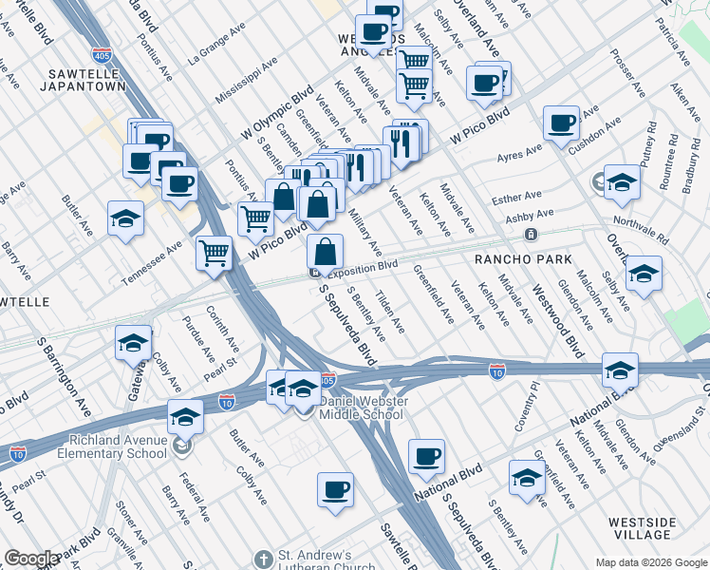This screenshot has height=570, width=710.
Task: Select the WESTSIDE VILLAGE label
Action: (x=642, y=529)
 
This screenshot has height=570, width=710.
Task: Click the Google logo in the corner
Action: (x=31, y=559)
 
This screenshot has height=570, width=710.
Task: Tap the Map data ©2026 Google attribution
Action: (x=651, y=562)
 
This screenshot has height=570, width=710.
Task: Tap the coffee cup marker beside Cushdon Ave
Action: (x=561, y=122)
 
